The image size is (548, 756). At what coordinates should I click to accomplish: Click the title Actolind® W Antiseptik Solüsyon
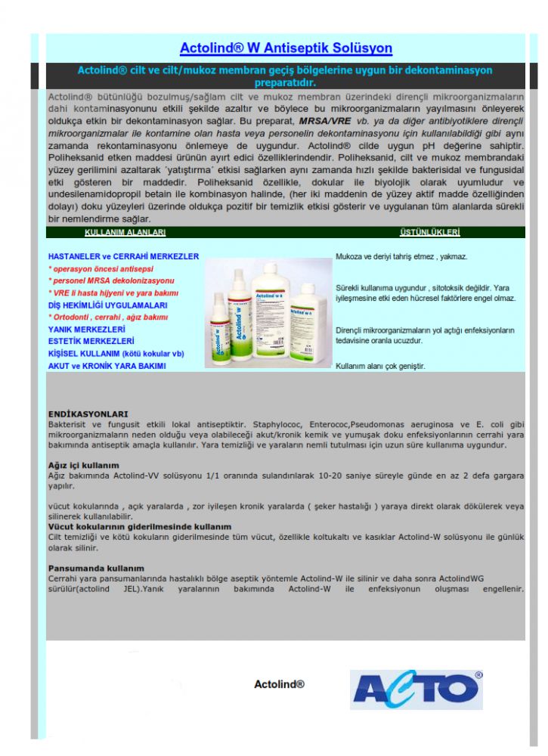coord(286,48)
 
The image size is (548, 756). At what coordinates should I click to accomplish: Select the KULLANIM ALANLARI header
coord(125,233)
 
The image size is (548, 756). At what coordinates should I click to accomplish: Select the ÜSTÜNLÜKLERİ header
coord(429,233)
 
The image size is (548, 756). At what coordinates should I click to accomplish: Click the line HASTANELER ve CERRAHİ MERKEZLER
coord(123,256)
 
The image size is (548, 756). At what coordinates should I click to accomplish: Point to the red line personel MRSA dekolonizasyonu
coord(111,280)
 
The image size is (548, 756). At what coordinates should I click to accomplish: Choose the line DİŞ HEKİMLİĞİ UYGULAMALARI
coord(107,305)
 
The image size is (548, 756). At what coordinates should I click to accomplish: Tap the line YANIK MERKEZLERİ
coord(86,330)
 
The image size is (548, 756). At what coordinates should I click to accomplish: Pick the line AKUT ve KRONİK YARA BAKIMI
coord(107,366)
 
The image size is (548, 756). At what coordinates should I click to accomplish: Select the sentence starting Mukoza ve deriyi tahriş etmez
coord(401,257)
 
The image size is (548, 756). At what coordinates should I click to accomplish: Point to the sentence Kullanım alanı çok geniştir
coord(380,366)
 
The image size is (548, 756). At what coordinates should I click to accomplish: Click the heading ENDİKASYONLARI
coord(88,414)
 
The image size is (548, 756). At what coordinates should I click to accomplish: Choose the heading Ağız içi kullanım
coord(83,465)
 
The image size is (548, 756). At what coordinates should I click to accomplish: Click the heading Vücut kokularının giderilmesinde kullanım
coord(140,526)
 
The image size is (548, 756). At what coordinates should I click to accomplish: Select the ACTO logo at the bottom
coord(416,689)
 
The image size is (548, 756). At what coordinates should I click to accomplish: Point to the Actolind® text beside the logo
coord(279,684)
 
